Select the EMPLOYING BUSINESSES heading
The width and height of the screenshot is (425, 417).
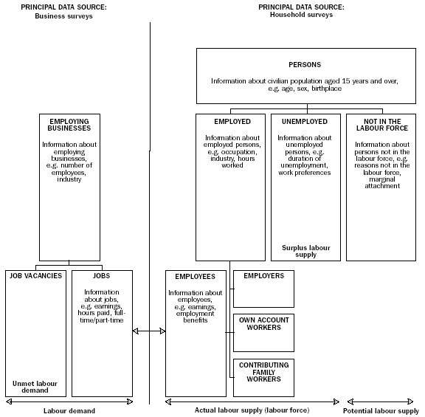coord(69,125)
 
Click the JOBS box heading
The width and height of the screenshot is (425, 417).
coord(102,276)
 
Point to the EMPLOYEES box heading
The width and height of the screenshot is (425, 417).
coord(195,276)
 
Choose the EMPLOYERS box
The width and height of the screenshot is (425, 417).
coord(263,289)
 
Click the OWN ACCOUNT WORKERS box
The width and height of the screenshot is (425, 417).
coord(263,323)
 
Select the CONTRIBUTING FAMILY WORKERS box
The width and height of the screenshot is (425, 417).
coord(263,373)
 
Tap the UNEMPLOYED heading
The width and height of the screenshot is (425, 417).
coord(305,121)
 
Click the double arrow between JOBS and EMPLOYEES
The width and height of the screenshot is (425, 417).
coord(148,331)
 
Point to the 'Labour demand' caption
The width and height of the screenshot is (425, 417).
coord(69,410)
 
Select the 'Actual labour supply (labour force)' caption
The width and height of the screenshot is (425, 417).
coord(252,410)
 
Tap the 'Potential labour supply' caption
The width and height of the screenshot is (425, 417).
coord(381,410)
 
